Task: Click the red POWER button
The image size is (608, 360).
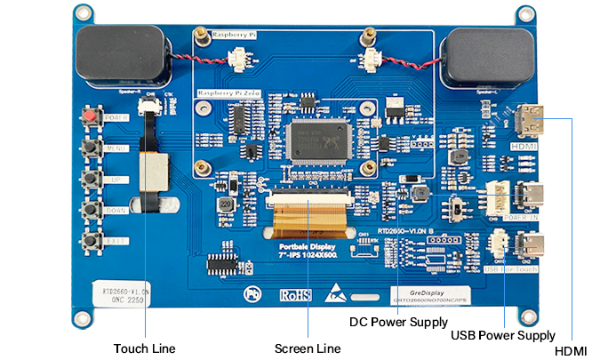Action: tap(91, 116)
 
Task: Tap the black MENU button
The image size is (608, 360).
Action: tap(91, 148)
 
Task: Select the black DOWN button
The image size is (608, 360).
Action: tap(91, 210)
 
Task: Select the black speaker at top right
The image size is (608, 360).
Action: tap(485, 58)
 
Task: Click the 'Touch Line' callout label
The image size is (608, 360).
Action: tap(144, 348)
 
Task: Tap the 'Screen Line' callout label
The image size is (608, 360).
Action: tap(307, 348)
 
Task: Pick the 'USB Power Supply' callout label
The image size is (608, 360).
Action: tap(503, 335)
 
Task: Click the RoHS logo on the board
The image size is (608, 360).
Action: tap(295, 294)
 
